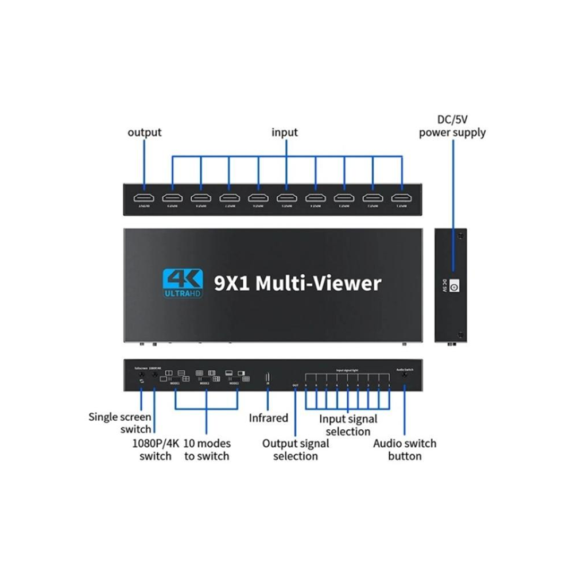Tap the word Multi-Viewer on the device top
tap(318, 283)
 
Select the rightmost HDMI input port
tap(402, 199)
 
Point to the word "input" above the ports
tap(285, 133)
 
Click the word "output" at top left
tap(144, 133)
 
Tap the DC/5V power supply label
tap(452, 126)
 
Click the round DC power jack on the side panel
tap(453, 286)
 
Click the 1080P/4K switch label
tap(156, 449)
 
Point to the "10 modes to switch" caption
tap(207, 449)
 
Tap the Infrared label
tap(268, 418)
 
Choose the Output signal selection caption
tap(296, 449)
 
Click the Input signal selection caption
tap(348, 425)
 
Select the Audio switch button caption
tap(404, 449)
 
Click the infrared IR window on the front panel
tap(267, 378)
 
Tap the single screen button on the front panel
tap(141, 377)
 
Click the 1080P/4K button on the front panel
tap(155, 377)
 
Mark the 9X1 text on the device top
tap(230, 283)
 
